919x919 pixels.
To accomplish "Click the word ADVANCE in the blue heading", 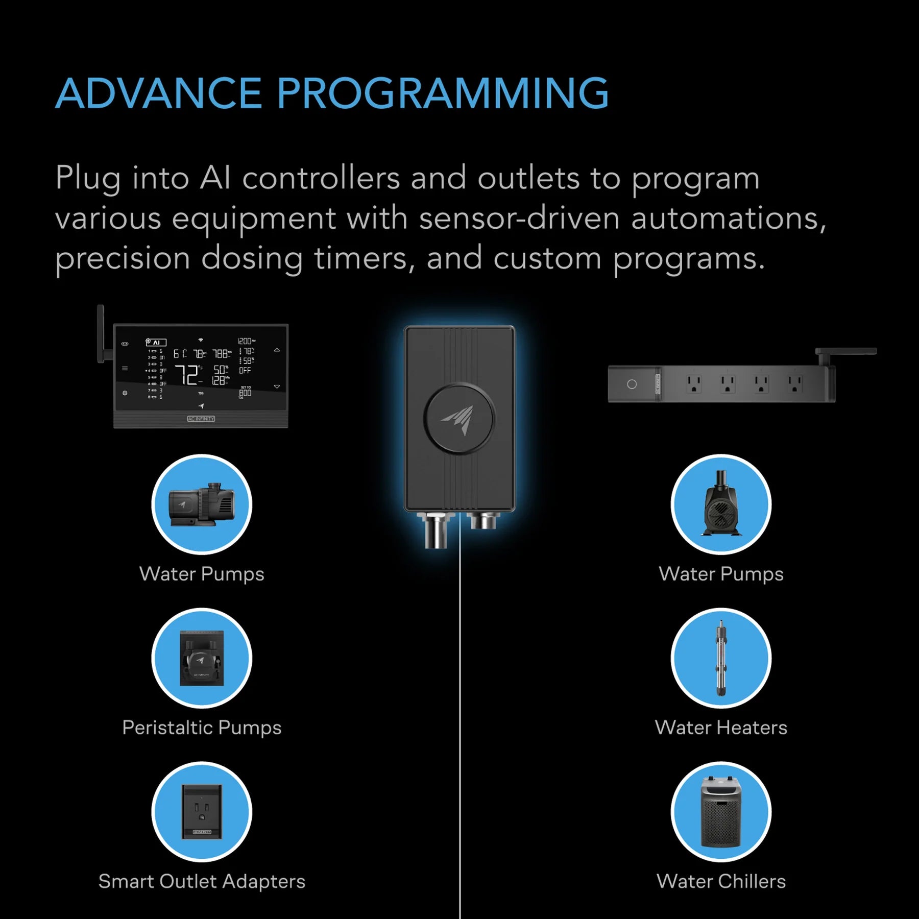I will (x=158, y=93).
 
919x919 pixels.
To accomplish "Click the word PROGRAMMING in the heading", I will (x=442, y=93).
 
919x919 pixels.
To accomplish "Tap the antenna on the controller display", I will (x=101, y=334).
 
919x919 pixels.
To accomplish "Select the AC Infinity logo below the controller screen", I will (x=201, y=419).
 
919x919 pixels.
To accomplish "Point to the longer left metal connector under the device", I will (x=436, y=531).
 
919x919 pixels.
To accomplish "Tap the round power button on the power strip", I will (x=632, y=384).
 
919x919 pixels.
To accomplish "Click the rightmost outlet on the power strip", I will (x=794, y=383).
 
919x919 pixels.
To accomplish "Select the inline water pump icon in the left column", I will (x=202, y=504).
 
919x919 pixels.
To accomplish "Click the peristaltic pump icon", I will (x=202, y=658).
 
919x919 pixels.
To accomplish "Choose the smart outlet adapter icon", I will (x=202, y=811).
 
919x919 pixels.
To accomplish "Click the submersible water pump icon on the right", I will (x=721, y=504).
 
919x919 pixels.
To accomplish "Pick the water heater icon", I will (x=721, y=658).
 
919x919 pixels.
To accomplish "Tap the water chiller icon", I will (x=721, y=811).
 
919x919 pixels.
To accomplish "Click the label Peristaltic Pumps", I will (x=202, y=728).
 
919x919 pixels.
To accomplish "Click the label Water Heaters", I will (x=721, y=728).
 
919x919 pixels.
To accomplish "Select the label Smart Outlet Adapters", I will (x=202, y=881).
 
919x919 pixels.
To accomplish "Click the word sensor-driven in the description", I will (x=519, y=219).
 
